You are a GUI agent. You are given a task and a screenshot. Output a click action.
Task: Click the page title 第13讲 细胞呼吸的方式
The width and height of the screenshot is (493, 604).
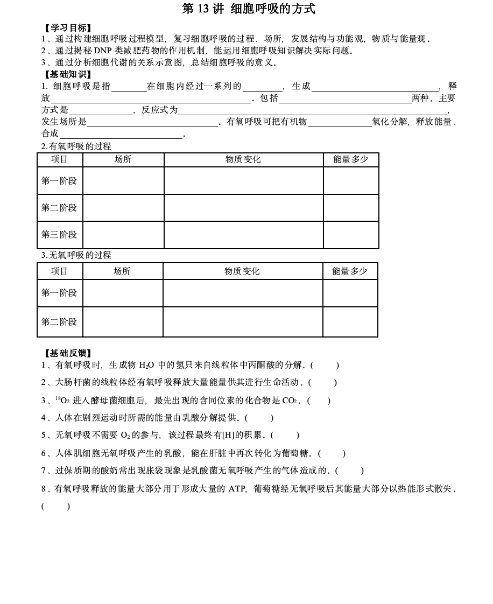point(249,9)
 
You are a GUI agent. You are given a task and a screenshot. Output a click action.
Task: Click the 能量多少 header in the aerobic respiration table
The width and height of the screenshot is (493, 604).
point(350,159)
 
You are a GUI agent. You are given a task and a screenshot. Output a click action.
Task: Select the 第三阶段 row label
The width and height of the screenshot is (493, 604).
point(59,235)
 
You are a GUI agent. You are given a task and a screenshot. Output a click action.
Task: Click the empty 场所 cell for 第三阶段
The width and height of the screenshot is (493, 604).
point(123,235)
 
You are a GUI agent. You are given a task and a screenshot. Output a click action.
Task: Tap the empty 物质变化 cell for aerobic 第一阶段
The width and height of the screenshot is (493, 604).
point(243,181)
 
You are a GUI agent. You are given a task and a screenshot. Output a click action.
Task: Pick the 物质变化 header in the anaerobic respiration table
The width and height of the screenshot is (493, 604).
point(242,271)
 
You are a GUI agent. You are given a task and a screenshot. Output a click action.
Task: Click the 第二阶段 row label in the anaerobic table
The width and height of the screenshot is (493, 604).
point(59,322)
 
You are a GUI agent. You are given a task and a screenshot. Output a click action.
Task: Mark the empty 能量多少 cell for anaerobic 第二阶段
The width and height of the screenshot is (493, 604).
point(350,322)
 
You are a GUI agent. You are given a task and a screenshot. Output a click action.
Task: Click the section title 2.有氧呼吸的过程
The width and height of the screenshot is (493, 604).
point(76,146)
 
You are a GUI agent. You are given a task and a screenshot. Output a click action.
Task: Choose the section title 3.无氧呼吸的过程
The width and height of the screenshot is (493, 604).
point(76,255)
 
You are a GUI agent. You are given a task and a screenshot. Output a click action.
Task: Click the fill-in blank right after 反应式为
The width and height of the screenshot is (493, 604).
point(312,110)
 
